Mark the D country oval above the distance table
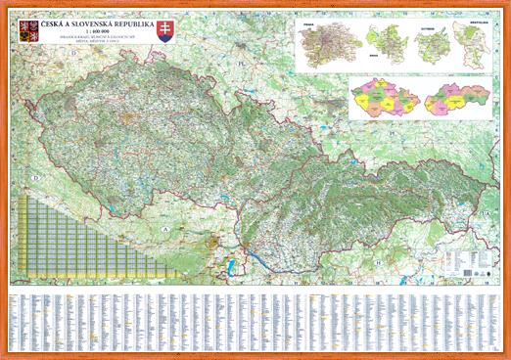[35, 178]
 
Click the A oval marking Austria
[166, 228]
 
